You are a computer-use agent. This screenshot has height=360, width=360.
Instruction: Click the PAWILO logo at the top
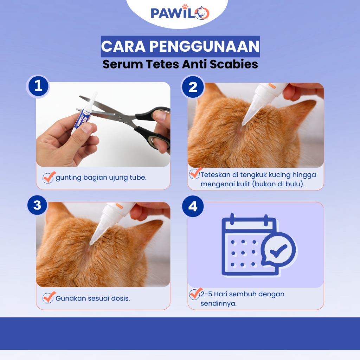pos(180,12)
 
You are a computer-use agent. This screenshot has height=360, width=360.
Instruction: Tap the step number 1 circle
pos(38,86)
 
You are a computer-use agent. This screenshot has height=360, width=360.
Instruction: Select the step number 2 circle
pos(193,87)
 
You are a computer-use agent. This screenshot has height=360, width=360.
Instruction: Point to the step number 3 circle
pos(37,205)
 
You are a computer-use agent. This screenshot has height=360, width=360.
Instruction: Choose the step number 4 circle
pos(193,206)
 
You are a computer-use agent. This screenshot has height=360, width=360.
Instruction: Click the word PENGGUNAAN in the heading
pos(204,46)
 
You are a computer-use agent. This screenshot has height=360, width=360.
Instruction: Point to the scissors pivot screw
pos(120,118)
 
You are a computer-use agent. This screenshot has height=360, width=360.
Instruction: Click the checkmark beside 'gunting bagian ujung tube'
pos(49,177)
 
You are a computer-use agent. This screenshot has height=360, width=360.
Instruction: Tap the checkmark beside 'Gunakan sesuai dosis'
pos(49,297)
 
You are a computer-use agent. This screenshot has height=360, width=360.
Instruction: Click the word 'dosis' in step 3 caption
pos(121,298)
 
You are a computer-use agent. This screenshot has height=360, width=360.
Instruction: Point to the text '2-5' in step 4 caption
pos(206,294)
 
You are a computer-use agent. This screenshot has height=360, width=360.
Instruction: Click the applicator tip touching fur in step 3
pos(91,243)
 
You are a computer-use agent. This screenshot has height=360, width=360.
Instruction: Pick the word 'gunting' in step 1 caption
pos(69,178)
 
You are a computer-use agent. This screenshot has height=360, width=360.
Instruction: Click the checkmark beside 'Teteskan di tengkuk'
pos(195,173)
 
